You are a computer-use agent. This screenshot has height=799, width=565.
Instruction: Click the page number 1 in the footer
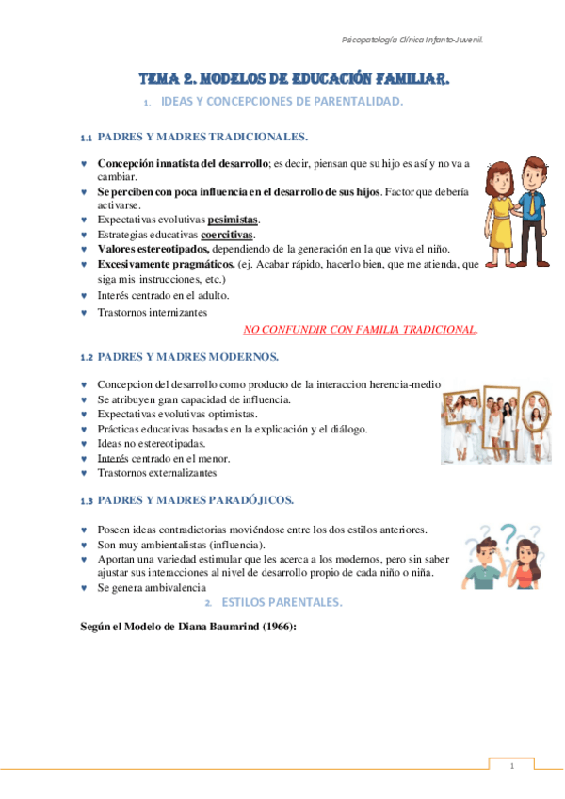point(510,766)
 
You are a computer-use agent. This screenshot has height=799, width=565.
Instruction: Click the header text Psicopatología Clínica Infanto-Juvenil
point(417,40)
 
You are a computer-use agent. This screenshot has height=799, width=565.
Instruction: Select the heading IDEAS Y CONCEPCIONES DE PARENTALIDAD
point(282,102)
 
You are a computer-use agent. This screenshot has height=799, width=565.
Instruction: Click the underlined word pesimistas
point(233,220)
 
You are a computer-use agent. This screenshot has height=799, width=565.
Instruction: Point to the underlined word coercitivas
point(227,234)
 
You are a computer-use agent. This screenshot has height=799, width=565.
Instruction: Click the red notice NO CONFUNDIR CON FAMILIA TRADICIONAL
point(360,330)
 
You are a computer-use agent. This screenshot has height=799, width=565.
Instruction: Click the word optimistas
point(225,415)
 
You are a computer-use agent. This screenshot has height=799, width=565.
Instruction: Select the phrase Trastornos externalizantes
point(156,472)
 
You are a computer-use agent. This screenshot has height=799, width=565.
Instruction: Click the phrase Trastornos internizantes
point(153,311)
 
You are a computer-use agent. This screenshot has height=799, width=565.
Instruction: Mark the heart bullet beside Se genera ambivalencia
point(85,588)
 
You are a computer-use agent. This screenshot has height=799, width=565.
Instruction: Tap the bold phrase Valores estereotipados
point(155,249)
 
